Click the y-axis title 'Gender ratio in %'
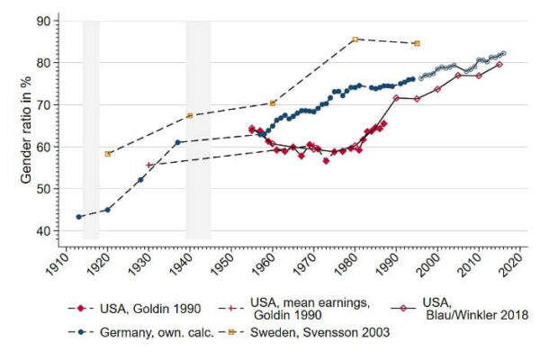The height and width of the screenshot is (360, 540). tap(28, 126)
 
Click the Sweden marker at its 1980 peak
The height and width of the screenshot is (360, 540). tap(355, 40)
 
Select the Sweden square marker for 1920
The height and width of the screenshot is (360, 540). tap(108, 154)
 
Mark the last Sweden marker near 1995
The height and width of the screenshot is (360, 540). tap(416, 43)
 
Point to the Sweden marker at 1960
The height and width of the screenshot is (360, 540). tap(273, 103)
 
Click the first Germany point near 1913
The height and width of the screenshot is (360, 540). tap(79, 217)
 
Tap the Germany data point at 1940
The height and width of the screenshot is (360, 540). tap(177, 142)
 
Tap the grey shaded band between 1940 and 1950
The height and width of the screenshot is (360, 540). tap(198, 130)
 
